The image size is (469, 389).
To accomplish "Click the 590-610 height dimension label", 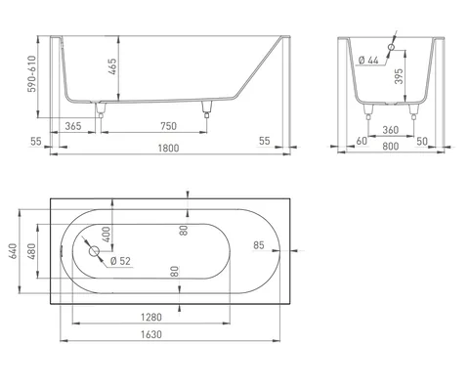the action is pos(32,74).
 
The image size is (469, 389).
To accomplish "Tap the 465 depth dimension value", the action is pos(112,66).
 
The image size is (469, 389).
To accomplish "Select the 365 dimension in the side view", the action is pos(73,126).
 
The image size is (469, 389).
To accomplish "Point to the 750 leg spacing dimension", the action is pos(168,126).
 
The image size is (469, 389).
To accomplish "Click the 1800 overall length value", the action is pos(168,149).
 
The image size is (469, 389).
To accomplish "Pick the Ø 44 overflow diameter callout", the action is pos(368,61).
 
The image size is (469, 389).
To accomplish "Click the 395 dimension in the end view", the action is pos(399,76).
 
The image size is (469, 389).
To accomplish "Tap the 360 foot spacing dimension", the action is pos(391,130).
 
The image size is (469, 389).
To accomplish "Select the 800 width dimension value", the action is pos(391,147).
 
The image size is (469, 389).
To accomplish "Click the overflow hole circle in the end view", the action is pos(391,47).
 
